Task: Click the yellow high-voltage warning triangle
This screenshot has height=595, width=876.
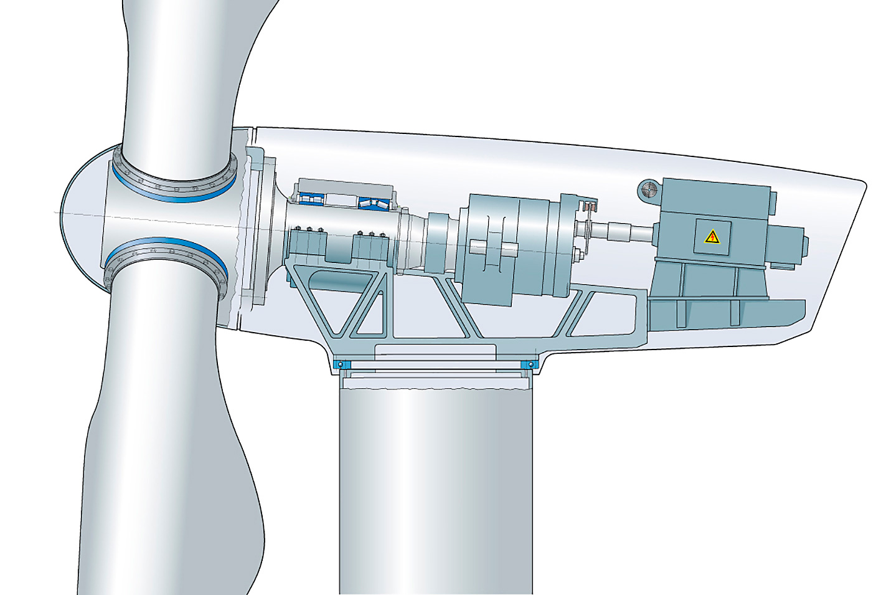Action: point(710,236)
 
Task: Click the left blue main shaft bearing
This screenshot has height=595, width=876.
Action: point(309,199)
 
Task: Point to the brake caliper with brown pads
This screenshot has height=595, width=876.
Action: point(588,208)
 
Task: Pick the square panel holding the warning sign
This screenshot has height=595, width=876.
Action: point(710,237)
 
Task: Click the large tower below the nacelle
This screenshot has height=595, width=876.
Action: point(436,486)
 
